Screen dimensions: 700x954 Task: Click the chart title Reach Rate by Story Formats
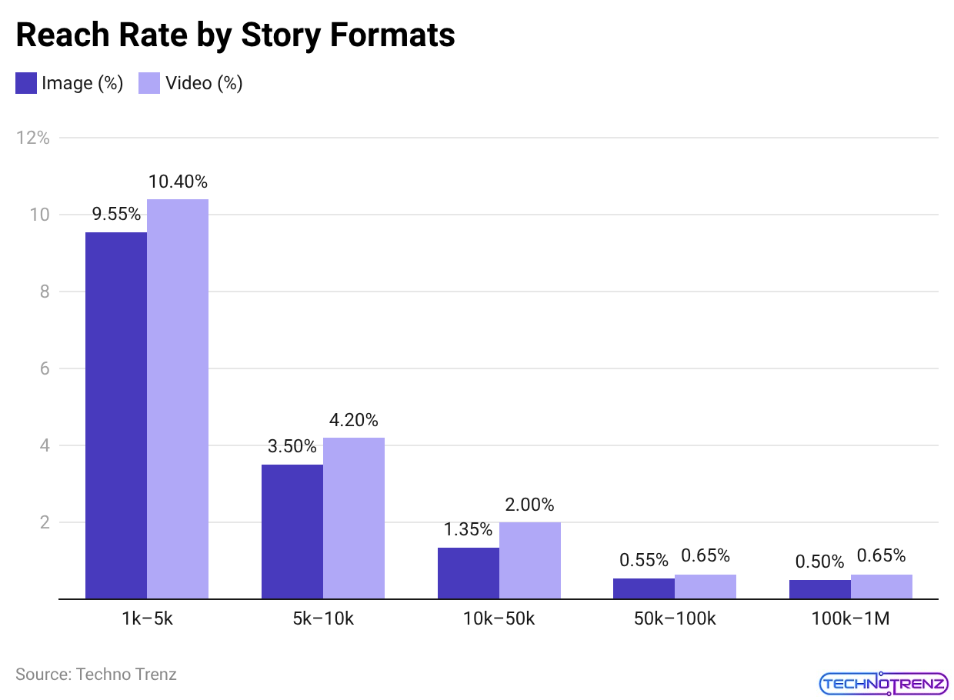click(235, 35)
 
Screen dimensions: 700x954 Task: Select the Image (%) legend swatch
click(26, 83)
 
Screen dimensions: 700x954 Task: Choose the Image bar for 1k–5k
click(116, 415)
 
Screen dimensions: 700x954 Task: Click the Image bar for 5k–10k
click(292, 532)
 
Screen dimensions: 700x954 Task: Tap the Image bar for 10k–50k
click(469, 573)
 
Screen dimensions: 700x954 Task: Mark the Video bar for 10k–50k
click(530, 560)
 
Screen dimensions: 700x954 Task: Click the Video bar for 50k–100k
click(705, 586)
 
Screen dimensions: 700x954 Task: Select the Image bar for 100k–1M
click(820, 589)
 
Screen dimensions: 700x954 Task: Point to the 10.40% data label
click(178, 182)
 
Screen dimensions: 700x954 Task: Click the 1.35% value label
click(468, 529)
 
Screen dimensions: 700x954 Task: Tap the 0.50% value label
click(819, 562)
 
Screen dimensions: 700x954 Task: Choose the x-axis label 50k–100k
click(675, 618)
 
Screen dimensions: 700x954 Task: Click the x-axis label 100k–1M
click(851, 618)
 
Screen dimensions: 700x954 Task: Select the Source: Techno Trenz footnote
click(96, 675)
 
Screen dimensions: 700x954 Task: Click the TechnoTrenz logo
click(884, 682)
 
